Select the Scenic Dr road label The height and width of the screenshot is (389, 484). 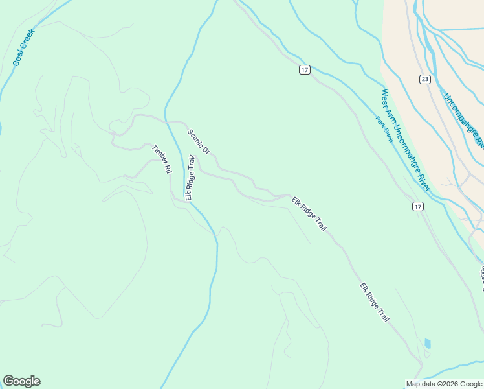(199, 142)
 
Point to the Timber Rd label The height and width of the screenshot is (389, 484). (162, 158)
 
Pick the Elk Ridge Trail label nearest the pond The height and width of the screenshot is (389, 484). (375, 303)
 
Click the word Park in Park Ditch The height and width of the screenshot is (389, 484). (380, 122)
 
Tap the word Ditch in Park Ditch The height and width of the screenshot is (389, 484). (388, 136)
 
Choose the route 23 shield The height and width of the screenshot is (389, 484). (424, 79)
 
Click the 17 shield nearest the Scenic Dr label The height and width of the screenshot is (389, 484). (304, 69)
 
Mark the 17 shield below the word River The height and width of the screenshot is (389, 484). (419, 206)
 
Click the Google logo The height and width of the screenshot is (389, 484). (21, 381)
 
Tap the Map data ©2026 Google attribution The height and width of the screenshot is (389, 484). (443, 384)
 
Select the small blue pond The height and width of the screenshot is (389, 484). (427, 343)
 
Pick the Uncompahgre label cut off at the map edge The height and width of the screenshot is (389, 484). (463, 120)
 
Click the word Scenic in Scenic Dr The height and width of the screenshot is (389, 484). (195, 137)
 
